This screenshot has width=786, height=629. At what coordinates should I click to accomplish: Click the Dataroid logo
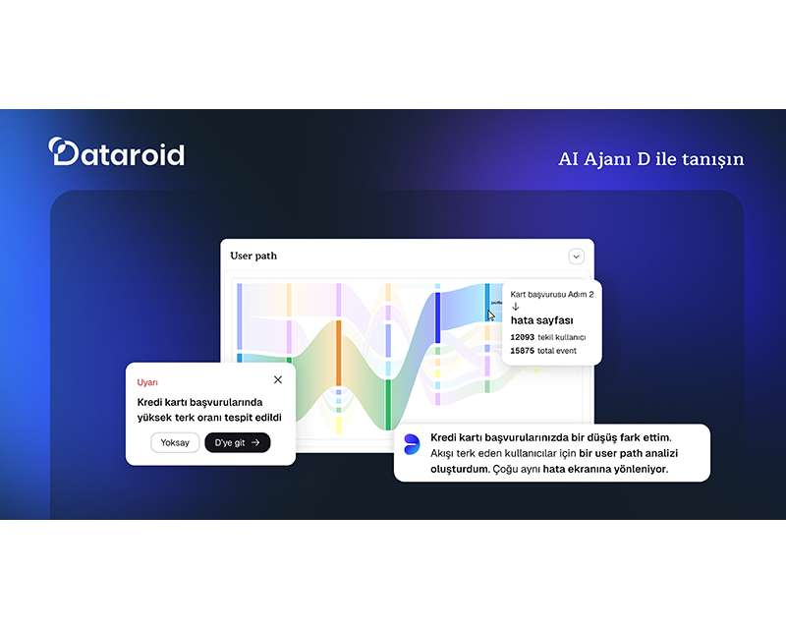pos(116,152)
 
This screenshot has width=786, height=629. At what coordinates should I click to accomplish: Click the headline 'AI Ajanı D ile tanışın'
pos(650,158)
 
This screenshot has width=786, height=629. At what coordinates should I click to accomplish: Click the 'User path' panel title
pos(253,256)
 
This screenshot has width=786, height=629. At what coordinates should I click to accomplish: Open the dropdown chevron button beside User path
pos(577,257)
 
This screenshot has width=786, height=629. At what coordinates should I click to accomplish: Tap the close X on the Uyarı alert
pos(278,379)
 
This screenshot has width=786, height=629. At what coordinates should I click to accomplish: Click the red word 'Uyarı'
pos(147,382)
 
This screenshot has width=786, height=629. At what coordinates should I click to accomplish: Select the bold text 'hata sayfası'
pos(541,320)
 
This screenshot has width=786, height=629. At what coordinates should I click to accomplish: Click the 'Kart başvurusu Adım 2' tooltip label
pos(551,294)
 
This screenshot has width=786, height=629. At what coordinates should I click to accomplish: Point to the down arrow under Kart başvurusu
pos(515,307)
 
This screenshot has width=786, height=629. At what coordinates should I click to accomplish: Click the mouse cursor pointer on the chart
pos(491,315)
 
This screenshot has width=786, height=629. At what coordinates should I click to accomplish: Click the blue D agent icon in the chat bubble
pos(412,443)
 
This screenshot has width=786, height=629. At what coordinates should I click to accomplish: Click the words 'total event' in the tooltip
pos(557,351)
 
